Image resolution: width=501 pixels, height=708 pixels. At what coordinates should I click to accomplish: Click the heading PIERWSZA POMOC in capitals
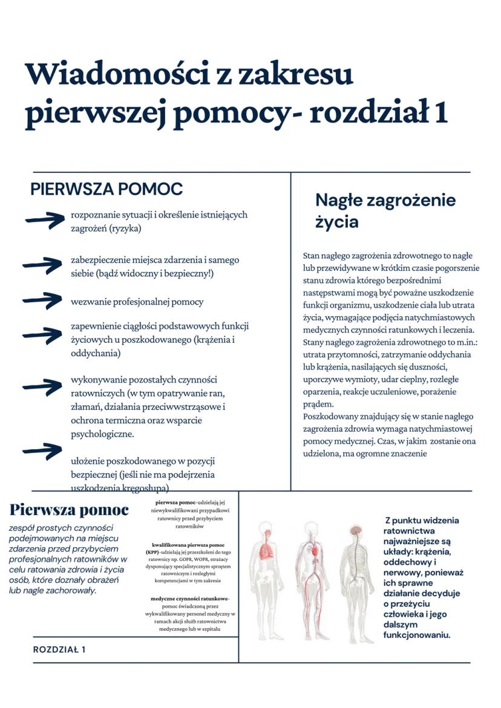(x=106, y=189)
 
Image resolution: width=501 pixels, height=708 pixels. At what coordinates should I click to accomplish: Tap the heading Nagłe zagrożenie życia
(x=385, y=210)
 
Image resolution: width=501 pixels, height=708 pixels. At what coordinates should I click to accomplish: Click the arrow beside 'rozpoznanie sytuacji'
(x=45, y=220)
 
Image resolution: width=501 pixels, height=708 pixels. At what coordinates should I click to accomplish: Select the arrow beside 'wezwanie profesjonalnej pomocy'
(x=42, y=300)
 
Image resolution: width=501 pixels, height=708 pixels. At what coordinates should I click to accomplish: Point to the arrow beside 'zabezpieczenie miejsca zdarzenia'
(x=42, y=264)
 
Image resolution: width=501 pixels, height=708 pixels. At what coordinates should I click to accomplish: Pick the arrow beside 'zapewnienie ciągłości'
(x=42, y=334)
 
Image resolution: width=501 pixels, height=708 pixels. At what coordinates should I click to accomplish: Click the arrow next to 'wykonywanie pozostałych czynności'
(x=42, y=386)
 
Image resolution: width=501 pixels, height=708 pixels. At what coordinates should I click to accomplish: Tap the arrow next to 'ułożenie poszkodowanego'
(x=42, y=450)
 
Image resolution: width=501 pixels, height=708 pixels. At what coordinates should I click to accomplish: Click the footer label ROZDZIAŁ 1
(x=59, y=649)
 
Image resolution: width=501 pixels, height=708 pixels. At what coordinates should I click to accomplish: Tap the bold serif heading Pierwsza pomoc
(x=69, y=510)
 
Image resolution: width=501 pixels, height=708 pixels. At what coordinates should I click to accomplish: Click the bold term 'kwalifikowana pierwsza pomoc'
(x=188, y=545)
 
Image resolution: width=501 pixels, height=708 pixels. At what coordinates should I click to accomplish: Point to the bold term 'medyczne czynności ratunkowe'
(x=189, y=599)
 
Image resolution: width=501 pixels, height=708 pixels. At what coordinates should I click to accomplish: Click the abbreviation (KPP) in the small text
(x=152, y=553)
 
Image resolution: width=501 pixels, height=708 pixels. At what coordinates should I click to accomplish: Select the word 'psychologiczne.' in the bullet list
(x=102, y=434)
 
